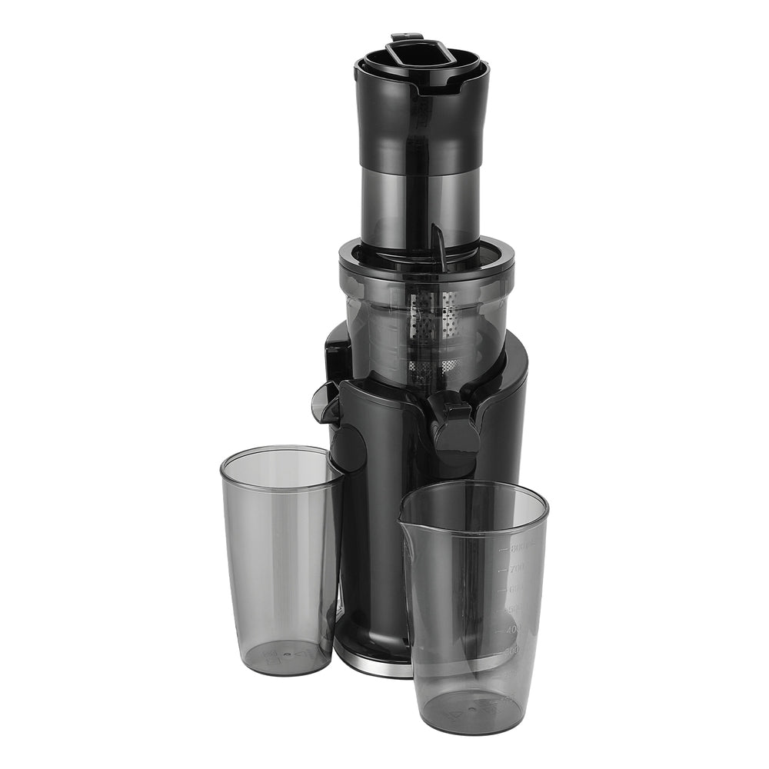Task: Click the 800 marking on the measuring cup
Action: (x=521, y=548)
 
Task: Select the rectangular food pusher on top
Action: (x=420, y=53)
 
